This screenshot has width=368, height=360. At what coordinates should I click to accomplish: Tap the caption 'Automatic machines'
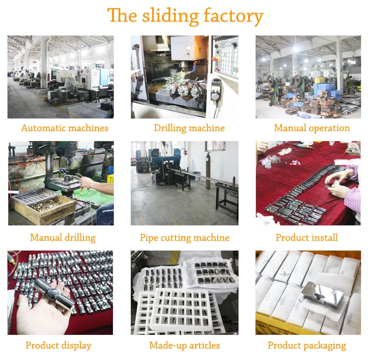65,128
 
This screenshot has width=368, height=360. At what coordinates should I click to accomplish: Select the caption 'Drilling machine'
189,128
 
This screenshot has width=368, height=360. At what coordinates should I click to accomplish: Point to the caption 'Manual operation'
312,128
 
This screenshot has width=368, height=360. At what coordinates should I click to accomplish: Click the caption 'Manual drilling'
63,238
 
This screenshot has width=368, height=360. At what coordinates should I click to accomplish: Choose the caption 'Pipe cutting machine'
184,238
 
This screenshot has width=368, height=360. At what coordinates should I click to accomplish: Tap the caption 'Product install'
307,238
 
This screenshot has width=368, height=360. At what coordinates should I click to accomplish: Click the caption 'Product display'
58,345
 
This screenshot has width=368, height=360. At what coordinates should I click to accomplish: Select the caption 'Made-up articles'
184,345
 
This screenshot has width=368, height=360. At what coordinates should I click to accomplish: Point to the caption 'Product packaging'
307,345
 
